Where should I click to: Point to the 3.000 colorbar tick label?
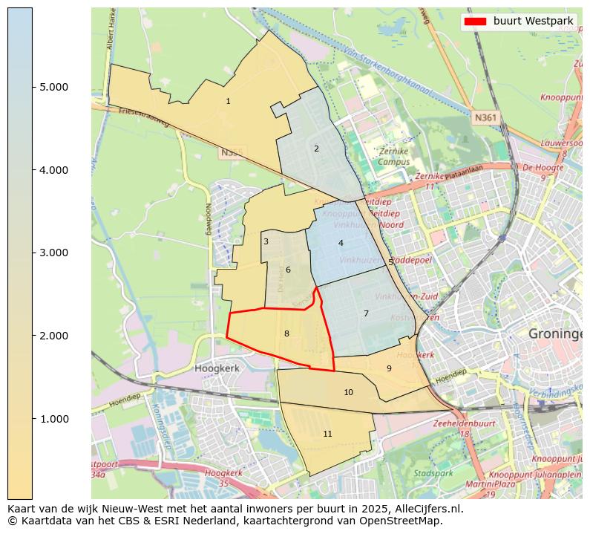(x=53, y=253)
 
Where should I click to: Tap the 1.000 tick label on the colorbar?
(x=53, y=419)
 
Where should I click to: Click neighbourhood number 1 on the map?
(x=228, y=101)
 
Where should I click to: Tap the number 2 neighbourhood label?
(x=316, y=149)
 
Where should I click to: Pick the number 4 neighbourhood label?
(x=341, y=243)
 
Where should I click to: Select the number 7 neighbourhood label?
(x=366, y=313)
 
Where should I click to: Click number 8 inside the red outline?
(x=286, y=333)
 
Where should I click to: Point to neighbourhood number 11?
(x=327, y=434)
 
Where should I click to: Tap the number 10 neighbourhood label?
(x=348, y=392)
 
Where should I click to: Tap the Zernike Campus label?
(x=393, y=156)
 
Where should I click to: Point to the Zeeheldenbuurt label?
(x=464, y=423)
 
